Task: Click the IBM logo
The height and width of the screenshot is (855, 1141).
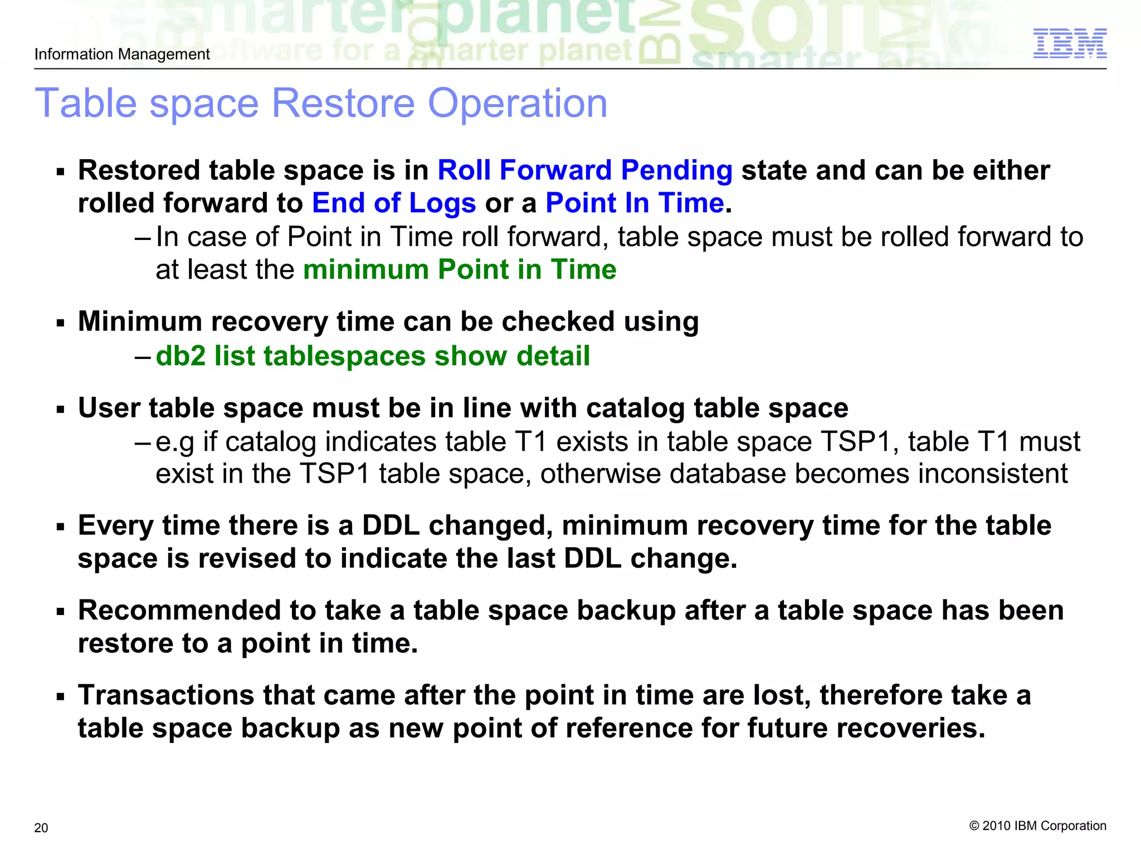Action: tap(1069, 43)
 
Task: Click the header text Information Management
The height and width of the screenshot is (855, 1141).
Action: tap(122, 54)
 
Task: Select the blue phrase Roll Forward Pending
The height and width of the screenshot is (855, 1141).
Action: tap(584, 170)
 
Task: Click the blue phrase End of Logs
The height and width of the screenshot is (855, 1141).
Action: tap(394, 203)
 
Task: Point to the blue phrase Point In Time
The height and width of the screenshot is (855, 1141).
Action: tap(635, 203)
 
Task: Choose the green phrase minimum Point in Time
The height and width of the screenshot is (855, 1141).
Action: tap(460, 270)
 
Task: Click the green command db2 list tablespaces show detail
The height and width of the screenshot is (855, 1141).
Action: tap(373, 356)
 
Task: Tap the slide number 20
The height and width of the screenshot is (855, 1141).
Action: tap(41, 828)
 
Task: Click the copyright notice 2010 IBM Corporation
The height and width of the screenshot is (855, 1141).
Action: tap(1037, 825)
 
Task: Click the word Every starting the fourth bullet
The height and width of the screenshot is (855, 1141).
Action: tap(115, 526)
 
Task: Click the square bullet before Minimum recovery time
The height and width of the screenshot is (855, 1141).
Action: tap(61, 323)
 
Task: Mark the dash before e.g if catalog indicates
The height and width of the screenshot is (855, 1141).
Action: tap(143, 443)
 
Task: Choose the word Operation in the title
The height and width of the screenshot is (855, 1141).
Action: tap(518, 104)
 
